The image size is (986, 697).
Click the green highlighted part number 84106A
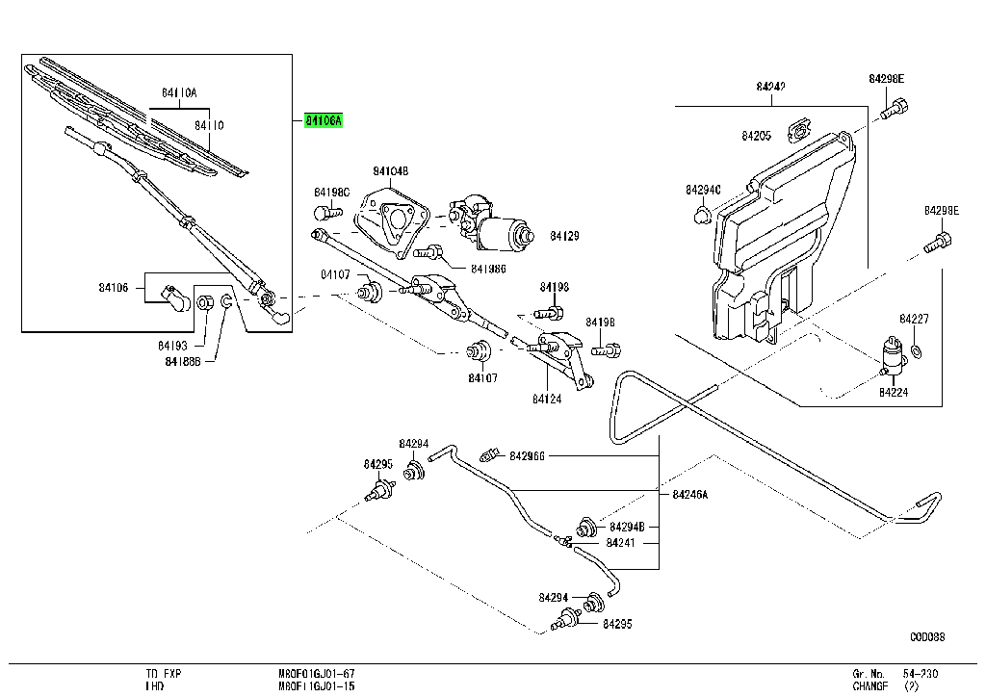[x=323, y=121]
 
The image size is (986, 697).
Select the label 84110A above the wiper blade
[x=179, y=93]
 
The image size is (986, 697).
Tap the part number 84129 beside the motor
[x=564, y=236]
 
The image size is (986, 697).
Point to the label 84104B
[x=391, y=171]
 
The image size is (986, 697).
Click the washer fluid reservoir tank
[x=780, y=241]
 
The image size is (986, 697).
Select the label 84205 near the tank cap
[x=756, y=137]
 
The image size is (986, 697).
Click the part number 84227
[x=914, y=319]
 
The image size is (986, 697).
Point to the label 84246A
[x=689, y=494]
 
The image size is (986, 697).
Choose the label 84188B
[x=183, y=361]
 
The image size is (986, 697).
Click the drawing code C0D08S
[x=928, y=636]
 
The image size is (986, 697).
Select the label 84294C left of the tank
[x=703, y=190]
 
